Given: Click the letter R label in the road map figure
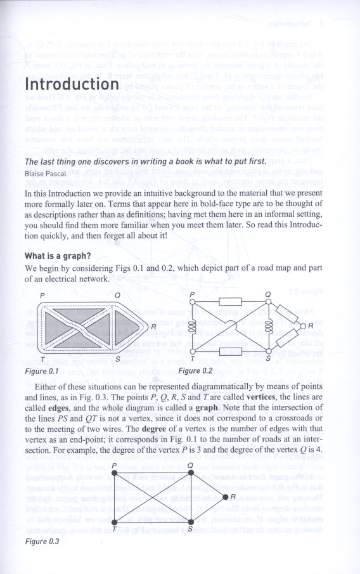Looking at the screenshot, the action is pyautogui.click(x=153, y=327).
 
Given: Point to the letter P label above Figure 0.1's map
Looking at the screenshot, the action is pyautogui.click(x=42, y=296).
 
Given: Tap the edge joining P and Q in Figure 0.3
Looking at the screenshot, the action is pyautogui.click(x=152, y=473).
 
